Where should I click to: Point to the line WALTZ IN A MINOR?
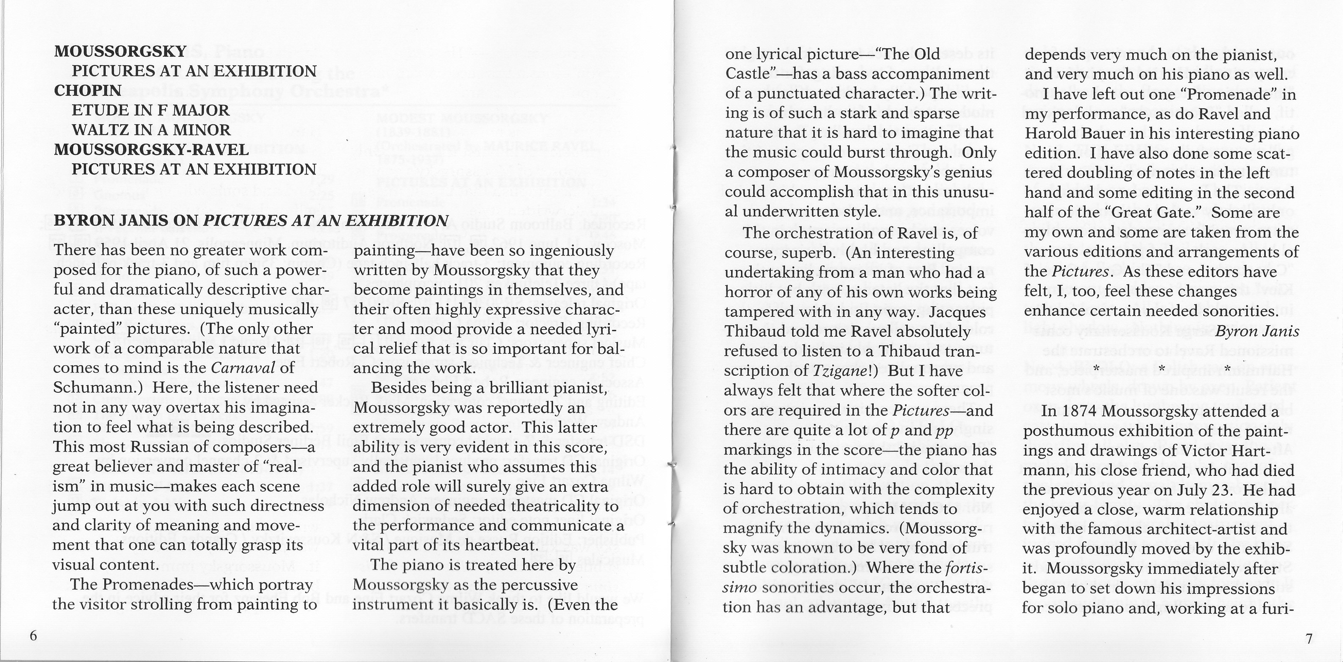151,130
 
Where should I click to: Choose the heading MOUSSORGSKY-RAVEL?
151,150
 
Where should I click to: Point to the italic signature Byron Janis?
1257,331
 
